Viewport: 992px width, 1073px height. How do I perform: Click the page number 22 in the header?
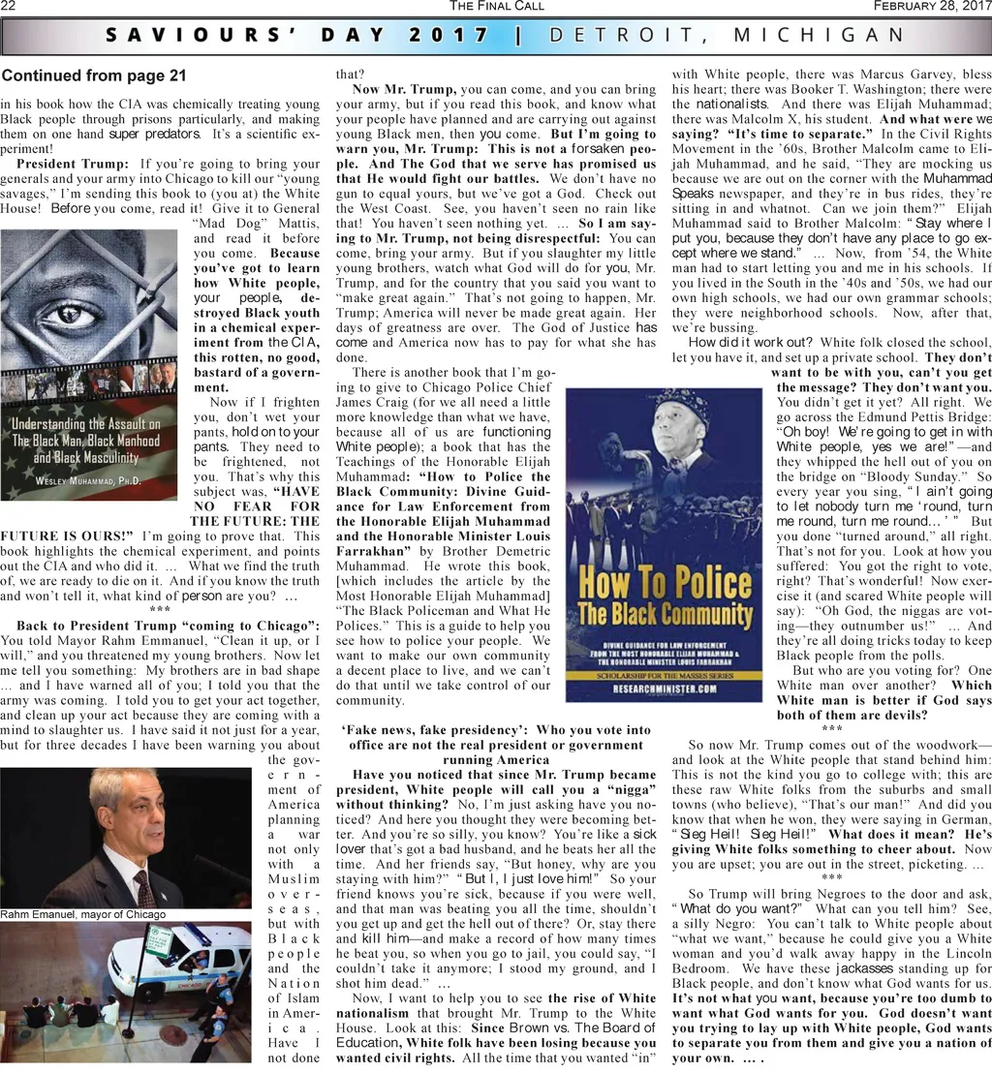[10, 7]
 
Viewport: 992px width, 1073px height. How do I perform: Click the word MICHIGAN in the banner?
[821, 37]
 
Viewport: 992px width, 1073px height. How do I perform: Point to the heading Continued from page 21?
[93, 76]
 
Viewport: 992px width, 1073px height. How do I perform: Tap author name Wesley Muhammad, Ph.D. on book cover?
[87, 481]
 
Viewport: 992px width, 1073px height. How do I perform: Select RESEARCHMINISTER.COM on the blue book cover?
[658, 689]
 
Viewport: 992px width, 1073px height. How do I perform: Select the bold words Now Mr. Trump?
[404, 90]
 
